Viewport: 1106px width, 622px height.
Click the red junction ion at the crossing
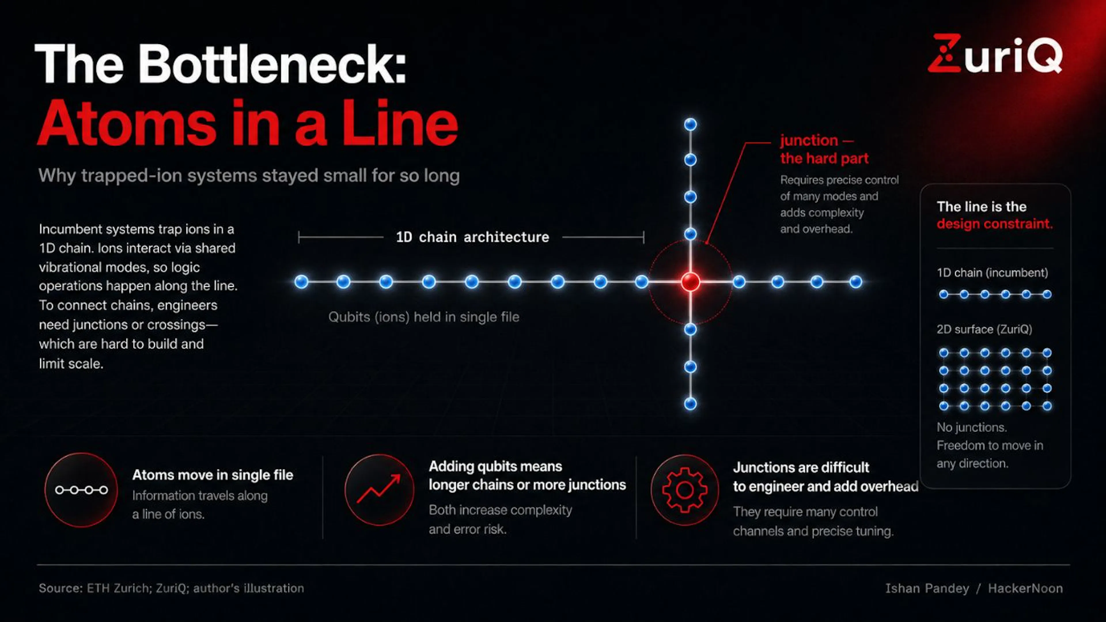690,282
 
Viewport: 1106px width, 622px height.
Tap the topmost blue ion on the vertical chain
690,124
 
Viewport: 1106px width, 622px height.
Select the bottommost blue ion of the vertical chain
690,404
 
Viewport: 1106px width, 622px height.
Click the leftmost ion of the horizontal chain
301,282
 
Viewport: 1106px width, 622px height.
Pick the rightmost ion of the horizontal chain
856,282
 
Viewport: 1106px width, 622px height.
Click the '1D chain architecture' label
472,237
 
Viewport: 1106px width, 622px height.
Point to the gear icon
685,490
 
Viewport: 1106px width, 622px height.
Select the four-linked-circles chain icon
81,490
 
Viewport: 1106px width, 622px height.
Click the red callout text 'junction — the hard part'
824,149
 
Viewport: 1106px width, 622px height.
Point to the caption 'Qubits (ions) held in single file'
424,317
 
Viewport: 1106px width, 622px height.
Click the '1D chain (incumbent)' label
992,273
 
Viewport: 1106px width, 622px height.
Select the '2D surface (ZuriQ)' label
984,330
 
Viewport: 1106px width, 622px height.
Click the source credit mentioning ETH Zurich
171,588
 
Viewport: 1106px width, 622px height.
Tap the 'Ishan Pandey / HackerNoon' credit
974,588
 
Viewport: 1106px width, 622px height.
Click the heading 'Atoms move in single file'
213,475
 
